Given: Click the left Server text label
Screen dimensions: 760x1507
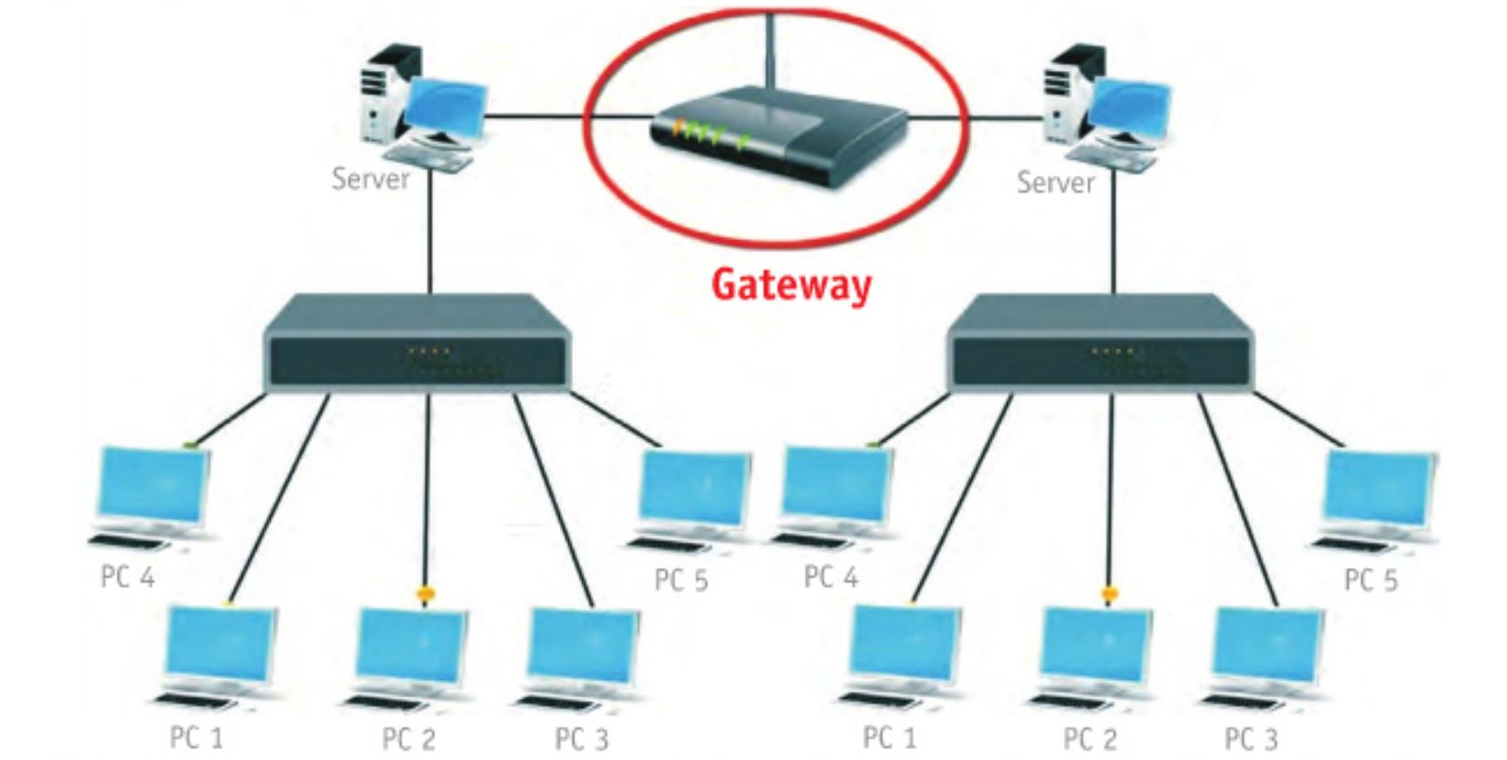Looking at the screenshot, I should coord(370,178).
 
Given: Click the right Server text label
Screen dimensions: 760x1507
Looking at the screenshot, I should coord(1055,181).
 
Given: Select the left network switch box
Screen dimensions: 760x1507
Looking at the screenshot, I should coord(417,345).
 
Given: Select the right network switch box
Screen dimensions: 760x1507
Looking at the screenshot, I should coord(1101,345).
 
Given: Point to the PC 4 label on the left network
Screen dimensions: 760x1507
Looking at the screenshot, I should coord(128,577).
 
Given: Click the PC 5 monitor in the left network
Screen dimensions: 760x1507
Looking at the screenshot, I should coord(695,490).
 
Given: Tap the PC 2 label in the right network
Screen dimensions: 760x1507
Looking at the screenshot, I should coord(1090,739).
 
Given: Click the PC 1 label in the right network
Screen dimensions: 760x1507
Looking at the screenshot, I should coord(889,738).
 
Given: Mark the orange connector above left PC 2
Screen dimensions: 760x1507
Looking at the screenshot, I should coord(425,593).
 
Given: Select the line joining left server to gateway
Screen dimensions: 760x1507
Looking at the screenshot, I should coord(537,117).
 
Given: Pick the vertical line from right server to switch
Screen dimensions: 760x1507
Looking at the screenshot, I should coord(1113,238).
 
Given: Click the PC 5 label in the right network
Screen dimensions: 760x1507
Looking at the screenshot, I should coord(1371,580).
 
